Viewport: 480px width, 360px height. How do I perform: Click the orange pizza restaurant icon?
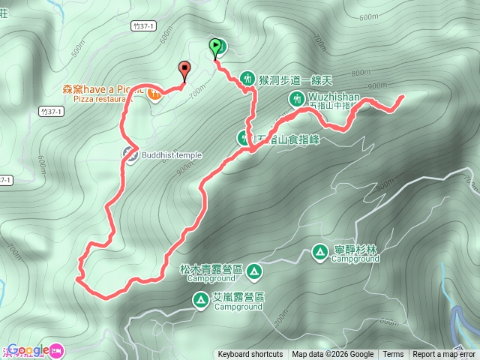point(154,94)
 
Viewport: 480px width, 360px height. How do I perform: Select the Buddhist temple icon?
point(130,155)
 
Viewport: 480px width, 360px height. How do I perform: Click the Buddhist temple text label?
point(172,155)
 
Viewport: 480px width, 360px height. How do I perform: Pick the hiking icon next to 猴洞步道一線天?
point(248,78)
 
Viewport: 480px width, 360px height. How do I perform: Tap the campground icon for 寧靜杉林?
point(319,252)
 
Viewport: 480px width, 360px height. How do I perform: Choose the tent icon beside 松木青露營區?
point(254,270)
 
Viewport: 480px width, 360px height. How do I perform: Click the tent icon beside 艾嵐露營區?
point(201,300)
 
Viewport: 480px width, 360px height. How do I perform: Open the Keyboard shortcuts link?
point(250,355)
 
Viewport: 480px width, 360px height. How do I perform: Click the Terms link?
point(393,355)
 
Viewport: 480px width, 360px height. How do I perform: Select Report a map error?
point(444,355)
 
